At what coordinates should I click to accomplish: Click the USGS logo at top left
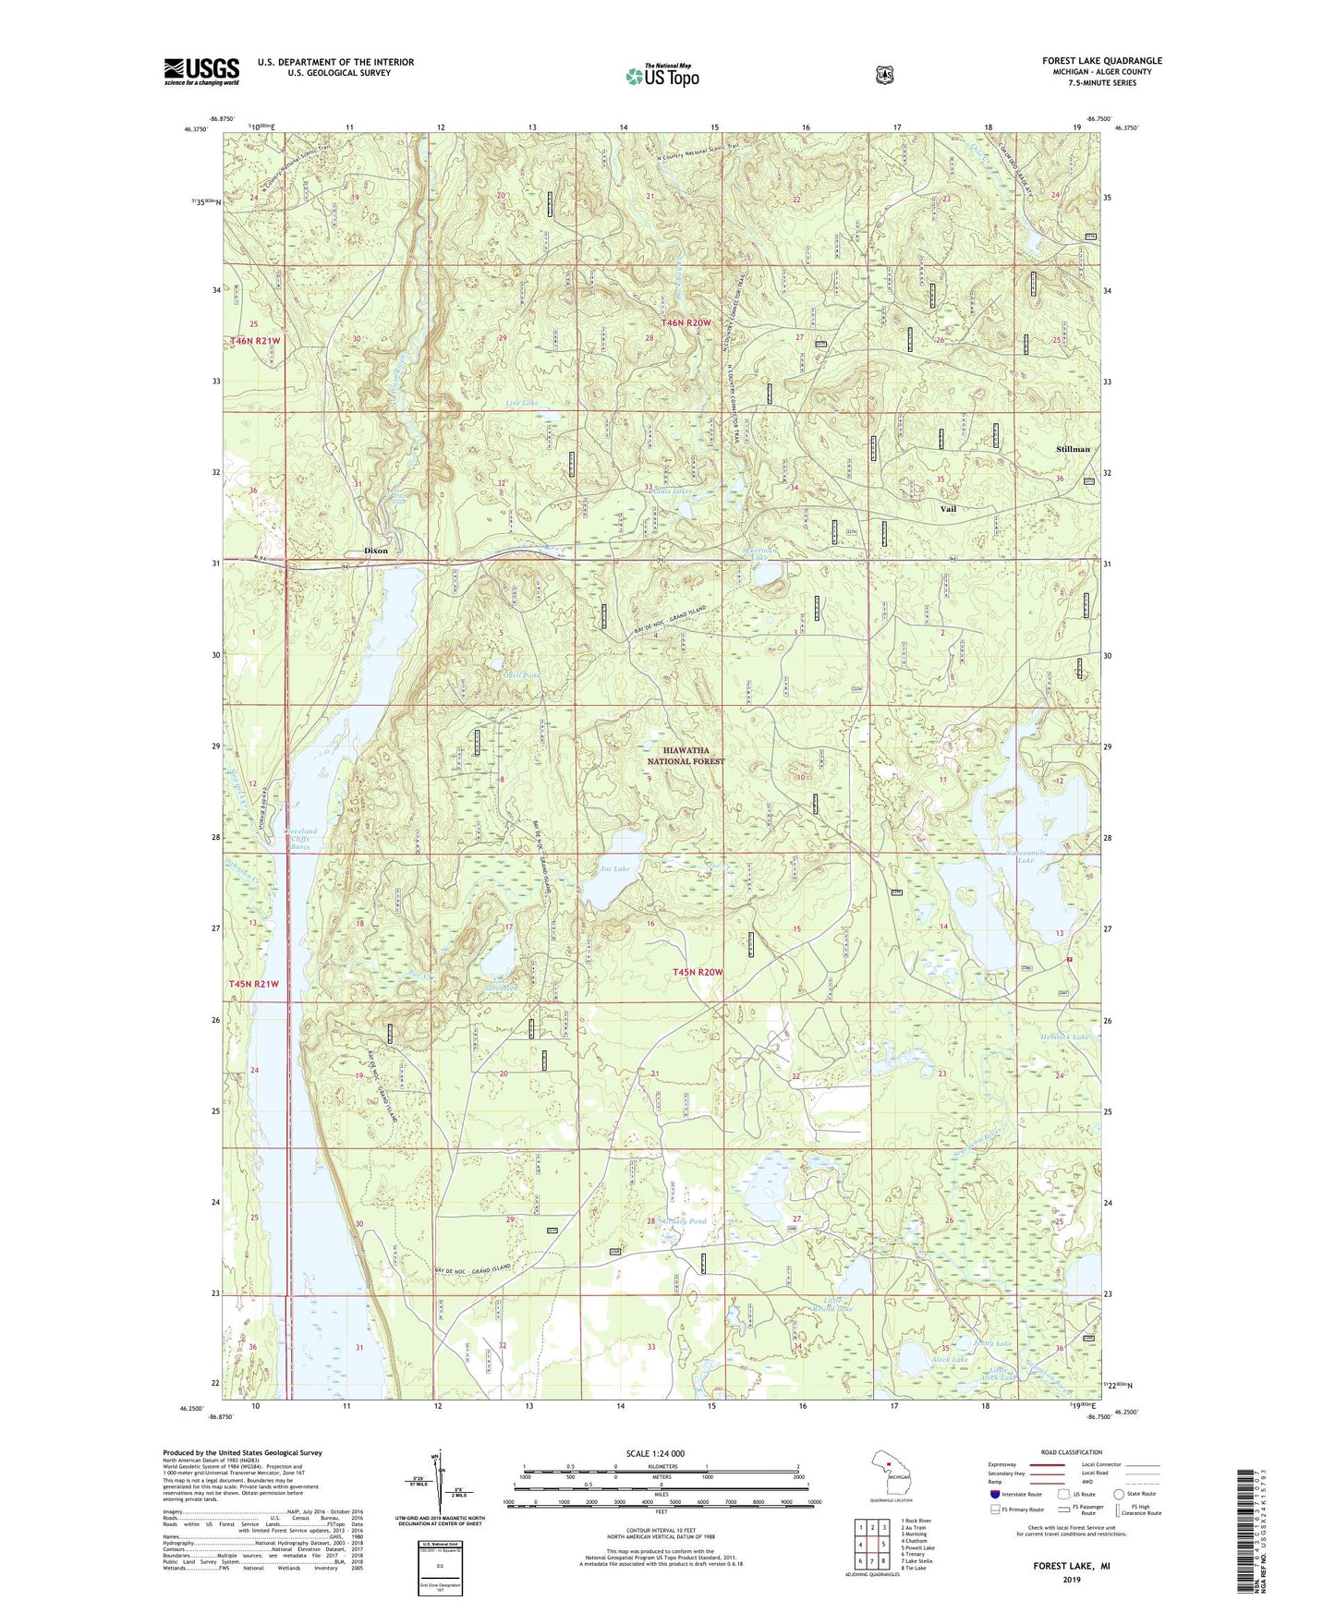(201, 71)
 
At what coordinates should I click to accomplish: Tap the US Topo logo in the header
(661, 76)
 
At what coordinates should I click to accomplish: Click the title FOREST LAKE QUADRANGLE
(1102, 61)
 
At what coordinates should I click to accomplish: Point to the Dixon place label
(376, 551)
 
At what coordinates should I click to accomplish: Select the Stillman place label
(1073, 449)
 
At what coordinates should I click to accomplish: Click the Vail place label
(948, 509)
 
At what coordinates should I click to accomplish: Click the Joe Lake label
(614, 869)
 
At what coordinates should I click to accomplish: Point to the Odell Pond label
(521, 675)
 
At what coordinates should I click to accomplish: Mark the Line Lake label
(521, 404)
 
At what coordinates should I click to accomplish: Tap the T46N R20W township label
(686, 322)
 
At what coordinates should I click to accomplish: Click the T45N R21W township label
(253, 984)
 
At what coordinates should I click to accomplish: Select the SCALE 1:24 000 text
(655, 1453)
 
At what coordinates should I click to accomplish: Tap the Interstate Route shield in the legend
(994, 1494)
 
